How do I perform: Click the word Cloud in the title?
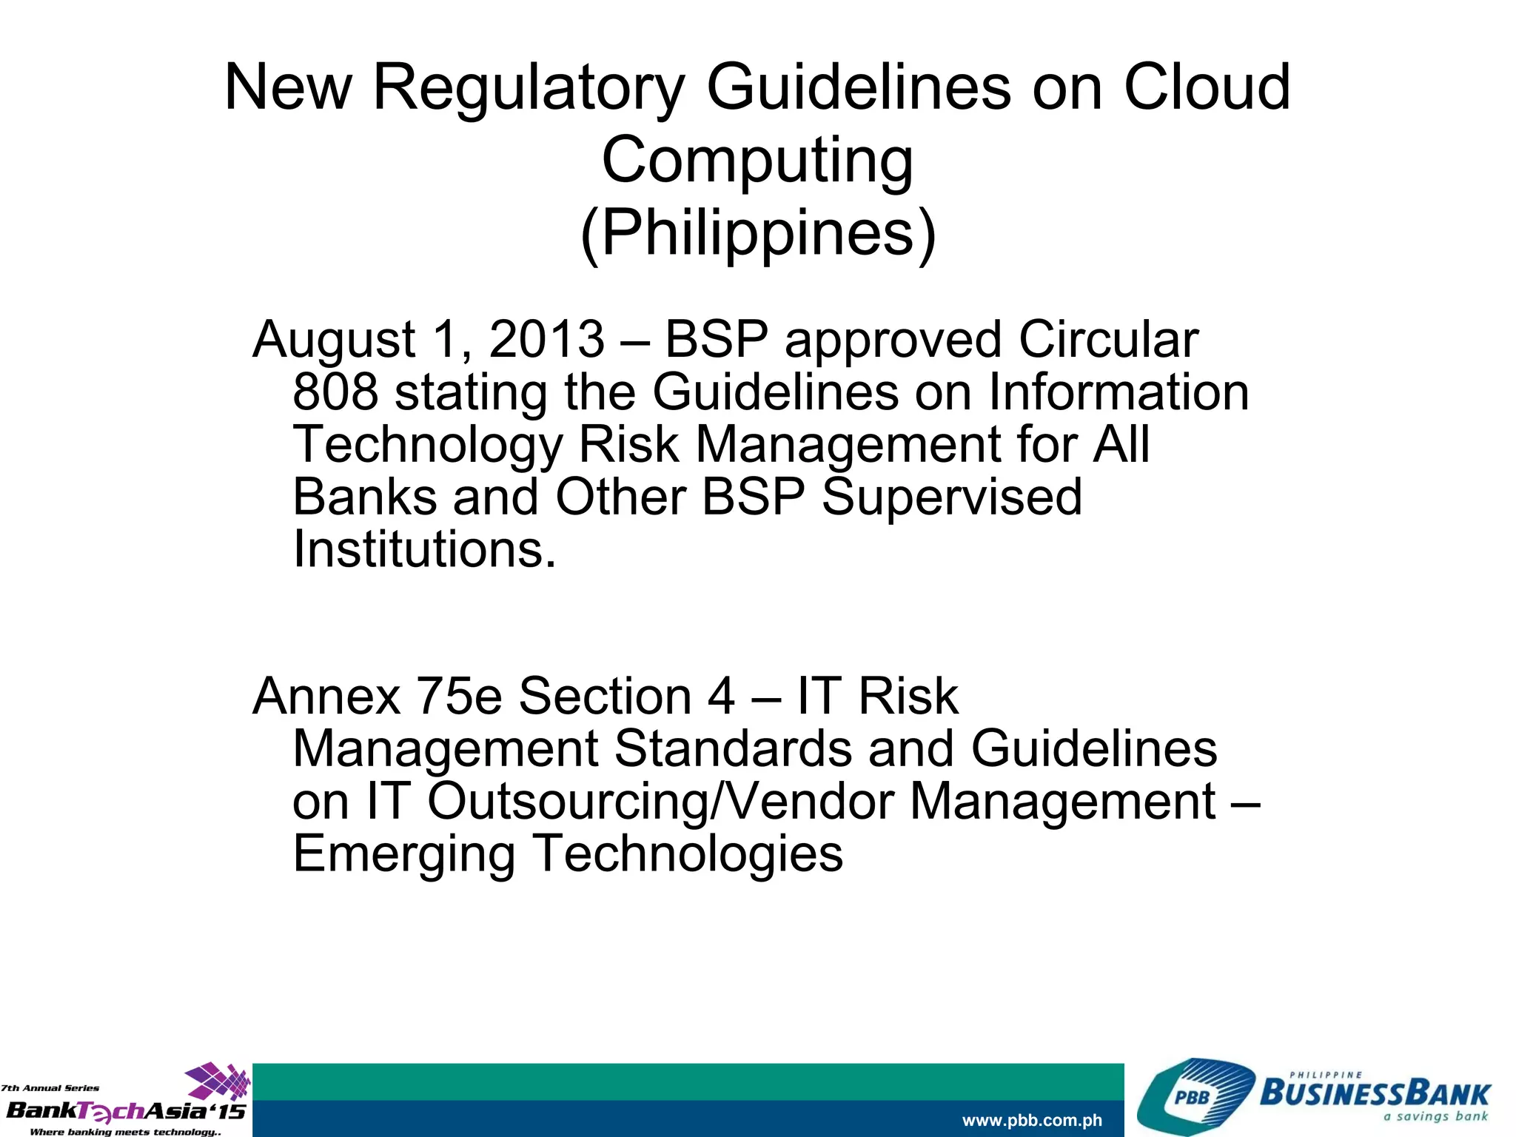pos(1207,87)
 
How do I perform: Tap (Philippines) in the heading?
pos(758,232)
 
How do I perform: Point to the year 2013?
pos(546,339)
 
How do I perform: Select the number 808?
pos(335,392)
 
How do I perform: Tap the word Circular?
pos(1108,339)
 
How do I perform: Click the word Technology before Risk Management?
pos(428,446)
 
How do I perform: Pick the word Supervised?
pos(952,496)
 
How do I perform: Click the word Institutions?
pos(424,549)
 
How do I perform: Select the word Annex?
pos(326,696)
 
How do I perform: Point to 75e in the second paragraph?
pos(460,696)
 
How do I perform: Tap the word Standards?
pos(733,748)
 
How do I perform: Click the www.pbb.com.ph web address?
pos(1032,1120)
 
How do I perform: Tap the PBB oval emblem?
pos(1192,1097)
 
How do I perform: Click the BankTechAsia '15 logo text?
pos(126,1110)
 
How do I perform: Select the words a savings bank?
pos(1435,1116)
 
